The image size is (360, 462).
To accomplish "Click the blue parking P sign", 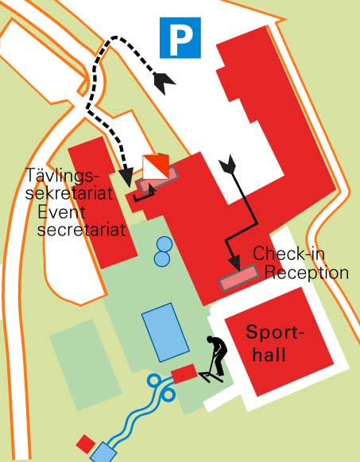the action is [x=180, y=37].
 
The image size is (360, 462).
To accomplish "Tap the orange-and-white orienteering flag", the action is [x=156, y=166].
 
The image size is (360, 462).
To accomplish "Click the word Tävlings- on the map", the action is [x=61, y=175].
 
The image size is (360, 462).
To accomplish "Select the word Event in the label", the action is [x=61, y=212].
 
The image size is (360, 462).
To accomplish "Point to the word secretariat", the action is [x=81, y=229].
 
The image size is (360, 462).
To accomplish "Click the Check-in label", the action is [x=288, y=253].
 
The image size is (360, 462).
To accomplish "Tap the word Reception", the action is [x=307, y=272].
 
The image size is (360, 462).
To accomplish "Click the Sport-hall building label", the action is [x=274, y=343].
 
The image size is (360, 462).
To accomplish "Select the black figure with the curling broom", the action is [x=214, y=359].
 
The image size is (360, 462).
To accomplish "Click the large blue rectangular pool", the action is [x=165, y=332].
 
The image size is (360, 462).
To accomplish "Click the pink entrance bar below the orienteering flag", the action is [x=158, y=180].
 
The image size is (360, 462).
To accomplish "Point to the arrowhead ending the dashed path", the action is [x=127, y=177].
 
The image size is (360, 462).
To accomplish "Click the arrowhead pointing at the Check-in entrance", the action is [x=235, y=263].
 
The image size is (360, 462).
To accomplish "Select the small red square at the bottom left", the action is [x=86, y=444].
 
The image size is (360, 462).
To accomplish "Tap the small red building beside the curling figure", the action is [x=184, y=374].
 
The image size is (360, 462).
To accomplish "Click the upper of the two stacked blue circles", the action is [x=164, y=245].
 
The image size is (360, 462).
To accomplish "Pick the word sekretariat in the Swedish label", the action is [x=69, y=193].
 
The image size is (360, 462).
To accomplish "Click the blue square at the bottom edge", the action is [x=103, y=452].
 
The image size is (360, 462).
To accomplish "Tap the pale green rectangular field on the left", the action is [x=86, y=365].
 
